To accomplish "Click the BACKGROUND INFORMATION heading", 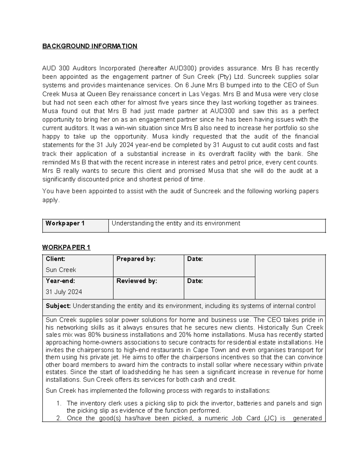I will coord(90,46).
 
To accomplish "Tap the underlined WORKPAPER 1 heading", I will coord(66,248).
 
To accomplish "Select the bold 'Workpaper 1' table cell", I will coord(65,224).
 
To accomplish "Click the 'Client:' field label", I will coord(55,259).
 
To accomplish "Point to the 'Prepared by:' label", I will coord(136,259).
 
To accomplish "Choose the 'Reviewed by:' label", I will coord(136,281).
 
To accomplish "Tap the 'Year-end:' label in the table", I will coord(60,281).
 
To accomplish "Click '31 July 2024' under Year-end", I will coord(64,292).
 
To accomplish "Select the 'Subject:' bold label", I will coord(58,306).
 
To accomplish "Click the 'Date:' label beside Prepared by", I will coord(195,259).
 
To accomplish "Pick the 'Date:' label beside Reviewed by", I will coord(195,281).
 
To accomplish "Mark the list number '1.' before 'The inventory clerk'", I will coord(59,403).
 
